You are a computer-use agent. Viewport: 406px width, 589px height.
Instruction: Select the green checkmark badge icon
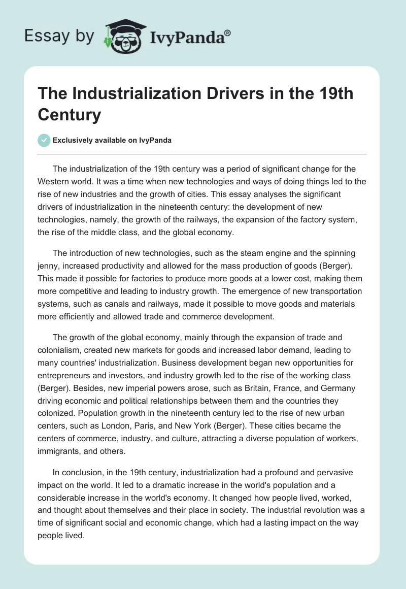tap(44, 140)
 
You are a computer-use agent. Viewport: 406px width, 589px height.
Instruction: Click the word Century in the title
tap(70, 115)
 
